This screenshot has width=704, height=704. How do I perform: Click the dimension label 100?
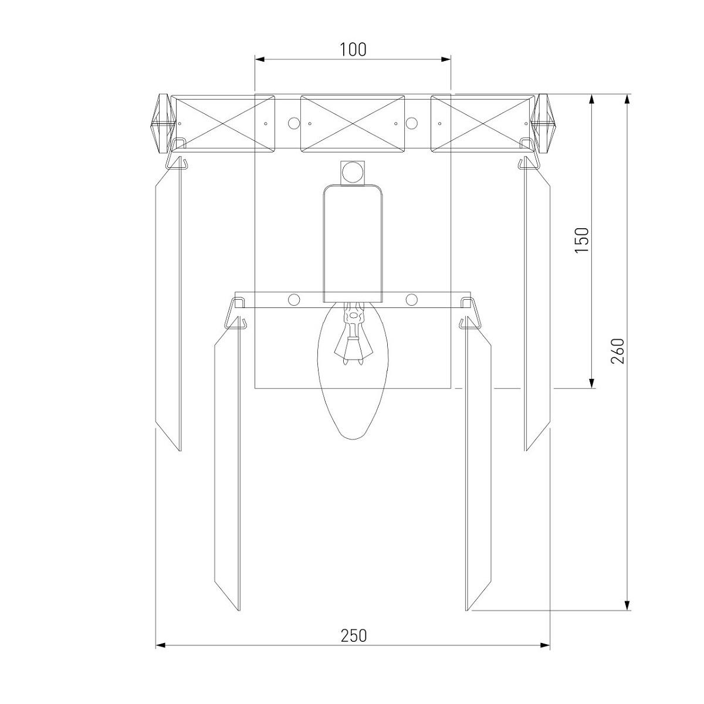[353, 50]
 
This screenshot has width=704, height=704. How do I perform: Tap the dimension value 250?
[353, 636]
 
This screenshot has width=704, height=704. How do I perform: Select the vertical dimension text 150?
[582, 240]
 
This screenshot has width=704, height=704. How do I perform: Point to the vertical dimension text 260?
[617, 351]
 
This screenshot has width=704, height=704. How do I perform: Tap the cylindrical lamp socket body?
[353, 243]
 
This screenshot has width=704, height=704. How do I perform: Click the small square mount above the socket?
[353, 172]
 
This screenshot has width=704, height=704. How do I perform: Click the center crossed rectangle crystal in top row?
[352, 123]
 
